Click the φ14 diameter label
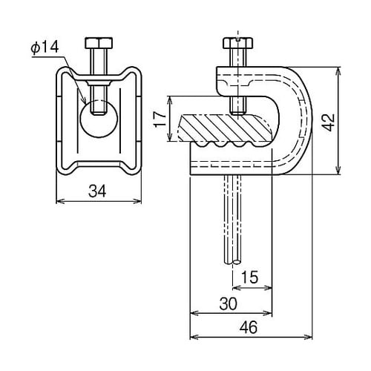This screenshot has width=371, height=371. tap(45, 47)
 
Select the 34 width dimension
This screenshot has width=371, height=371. tap(97, 191)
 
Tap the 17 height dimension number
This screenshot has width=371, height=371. tap(160, 119)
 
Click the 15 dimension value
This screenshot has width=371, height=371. tap(249, 277)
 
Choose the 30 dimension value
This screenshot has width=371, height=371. tap(228, 303)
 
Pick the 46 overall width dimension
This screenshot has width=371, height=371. tap(249, 327)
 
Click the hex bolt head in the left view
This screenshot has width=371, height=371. tap(99, 43)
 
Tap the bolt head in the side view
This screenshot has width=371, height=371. tap(237, 43)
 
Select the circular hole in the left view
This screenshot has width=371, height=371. tap(99, 118)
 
